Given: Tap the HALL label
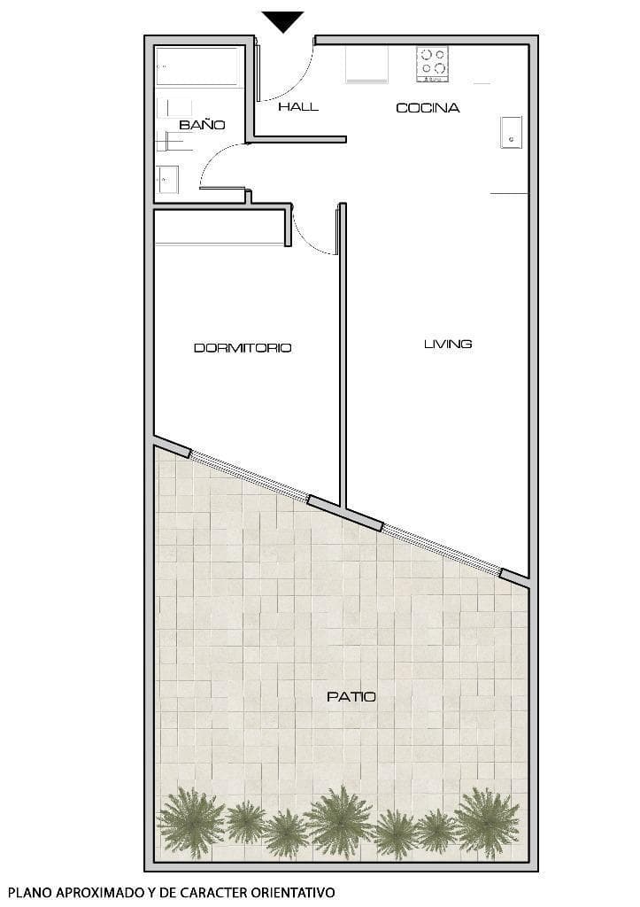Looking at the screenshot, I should (x=298, y=107).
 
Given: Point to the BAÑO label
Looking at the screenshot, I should (x=202, y=125).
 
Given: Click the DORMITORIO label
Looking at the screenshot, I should (x=243, y=348).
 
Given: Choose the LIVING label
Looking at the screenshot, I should (x=448, y=344).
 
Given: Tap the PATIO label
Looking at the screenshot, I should (x=351, y=697).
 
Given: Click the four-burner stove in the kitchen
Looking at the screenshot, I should (x=433, y=64).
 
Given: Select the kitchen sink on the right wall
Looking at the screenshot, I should (x=511, y=132).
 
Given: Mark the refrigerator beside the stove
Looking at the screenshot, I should (x=366, y=65).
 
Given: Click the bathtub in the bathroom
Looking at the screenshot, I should (x=199, y=67).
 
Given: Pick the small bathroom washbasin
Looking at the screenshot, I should (x=167, y=180).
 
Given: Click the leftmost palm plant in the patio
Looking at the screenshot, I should (x=190, y=823).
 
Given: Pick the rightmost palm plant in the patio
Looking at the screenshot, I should (x=487, y=821).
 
